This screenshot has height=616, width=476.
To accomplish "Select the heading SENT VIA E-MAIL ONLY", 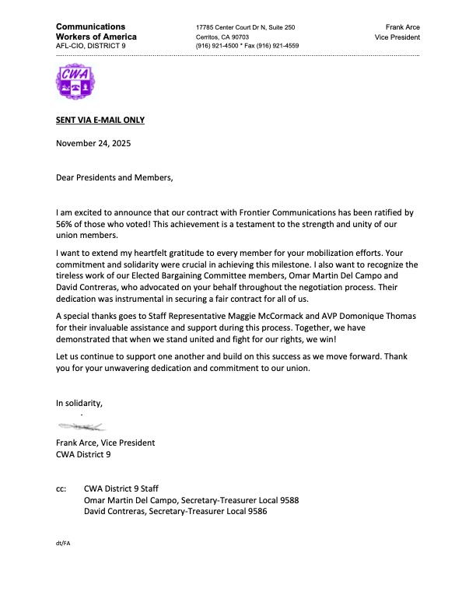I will (100, 120).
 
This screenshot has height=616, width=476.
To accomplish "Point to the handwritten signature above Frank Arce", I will (83, 427).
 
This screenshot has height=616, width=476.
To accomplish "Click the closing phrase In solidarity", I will (79, 403).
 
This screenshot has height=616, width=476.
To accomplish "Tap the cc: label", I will (61, 488).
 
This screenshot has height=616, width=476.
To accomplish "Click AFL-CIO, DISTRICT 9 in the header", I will (89, 47).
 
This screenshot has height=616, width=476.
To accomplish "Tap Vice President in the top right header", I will (397, 37).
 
